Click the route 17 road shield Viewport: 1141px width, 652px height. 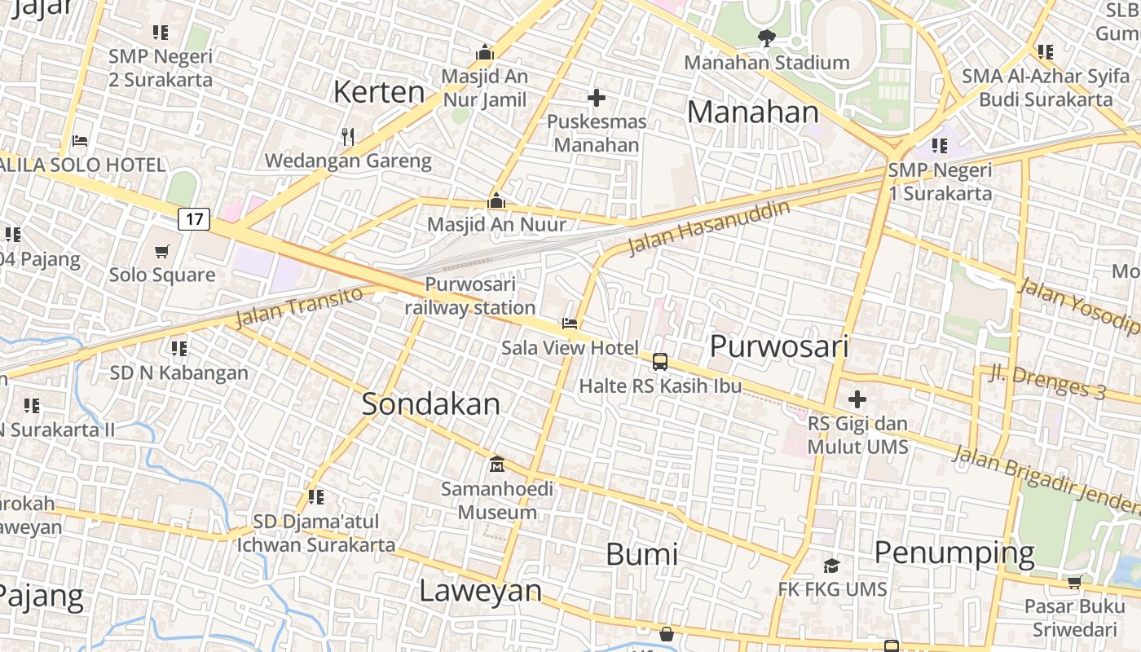194,218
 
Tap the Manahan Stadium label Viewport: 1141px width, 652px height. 766,62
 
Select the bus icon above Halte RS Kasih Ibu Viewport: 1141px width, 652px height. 660,361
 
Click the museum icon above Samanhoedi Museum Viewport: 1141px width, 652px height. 496,465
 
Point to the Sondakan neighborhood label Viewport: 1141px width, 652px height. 430,404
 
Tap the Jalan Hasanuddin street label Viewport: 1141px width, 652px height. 709,228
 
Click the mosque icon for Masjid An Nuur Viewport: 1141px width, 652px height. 496,200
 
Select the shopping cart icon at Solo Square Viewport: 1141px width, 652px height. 162,251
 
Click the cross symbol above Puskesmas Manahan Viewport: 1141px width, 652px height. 597,98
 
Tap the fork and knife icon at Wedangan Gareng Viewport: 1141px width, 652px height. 348,136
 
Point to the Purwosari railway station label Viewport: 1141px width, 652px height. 470,296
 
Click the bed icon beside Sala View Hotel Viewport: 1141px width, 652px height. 570,324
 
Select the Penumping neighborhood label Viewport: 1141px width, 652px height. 954,553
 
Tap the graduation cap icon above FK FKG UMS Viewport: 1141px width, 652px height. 831,566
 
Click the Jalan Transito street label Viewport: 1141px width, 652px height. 298,307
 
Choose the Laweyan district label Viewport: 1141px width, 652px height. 480,591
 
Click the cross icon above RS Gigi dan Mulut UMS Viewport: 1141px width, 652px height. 857,400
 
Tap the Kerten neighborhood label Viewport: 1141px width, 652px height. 379,92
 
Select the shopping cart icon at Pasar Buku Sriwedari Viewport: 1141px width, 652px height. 1074,582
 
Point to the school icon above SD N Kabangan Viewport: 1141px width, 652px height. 179,349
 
